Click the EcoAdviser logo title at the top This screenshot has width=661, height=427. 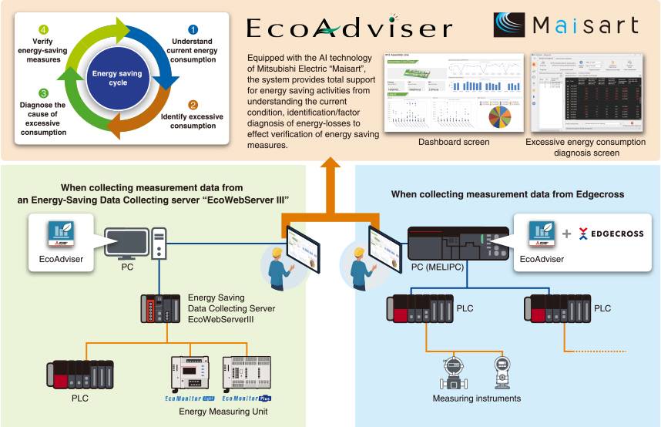pyautogui.click(x=349, y=29)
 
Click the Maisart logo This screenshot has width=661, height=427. pyautogui.click(x=567, y=25)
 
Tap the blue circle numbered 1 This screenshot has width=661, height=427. pyautogui.click(x=193, y=30)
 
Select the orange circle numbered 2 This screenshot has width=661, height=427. pyautogui.click(x=193, y=105)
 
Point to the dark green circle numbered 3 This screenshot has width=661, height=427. pyautogui.click(x=44, y=93)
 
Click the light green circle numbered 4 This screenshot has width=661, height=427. pyautogui.click(x=44, y=30)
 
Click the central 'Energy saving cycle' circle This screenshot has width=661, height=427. pyautogui.click(x=118, y=78)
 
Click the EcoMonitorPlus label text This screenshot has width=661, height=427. pyautogui.click(x=247, y=398)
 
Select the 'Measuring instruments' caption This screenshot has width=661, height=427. pyautogui.click(x=476, y=398)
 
